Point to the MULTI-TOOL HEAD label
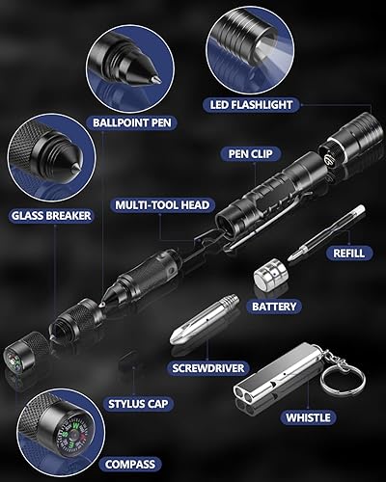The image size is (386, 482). click(x=161, y=205)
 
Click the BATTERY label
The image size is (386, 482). click(x=273, y=306)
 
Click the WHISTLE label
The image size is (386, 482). click(x=308, y=417)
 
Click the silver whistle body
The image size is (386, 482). click(x=269, y=385)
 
